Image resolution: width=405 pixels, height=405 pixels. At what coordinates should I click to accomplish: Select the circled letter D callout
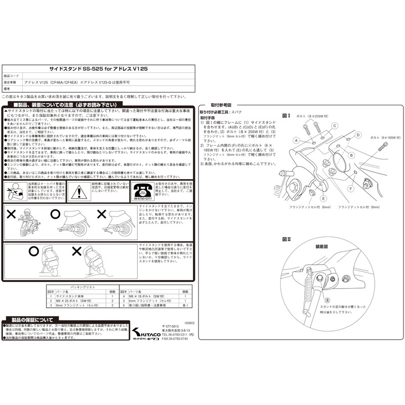pyautogui.click(x=357, y=135)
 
